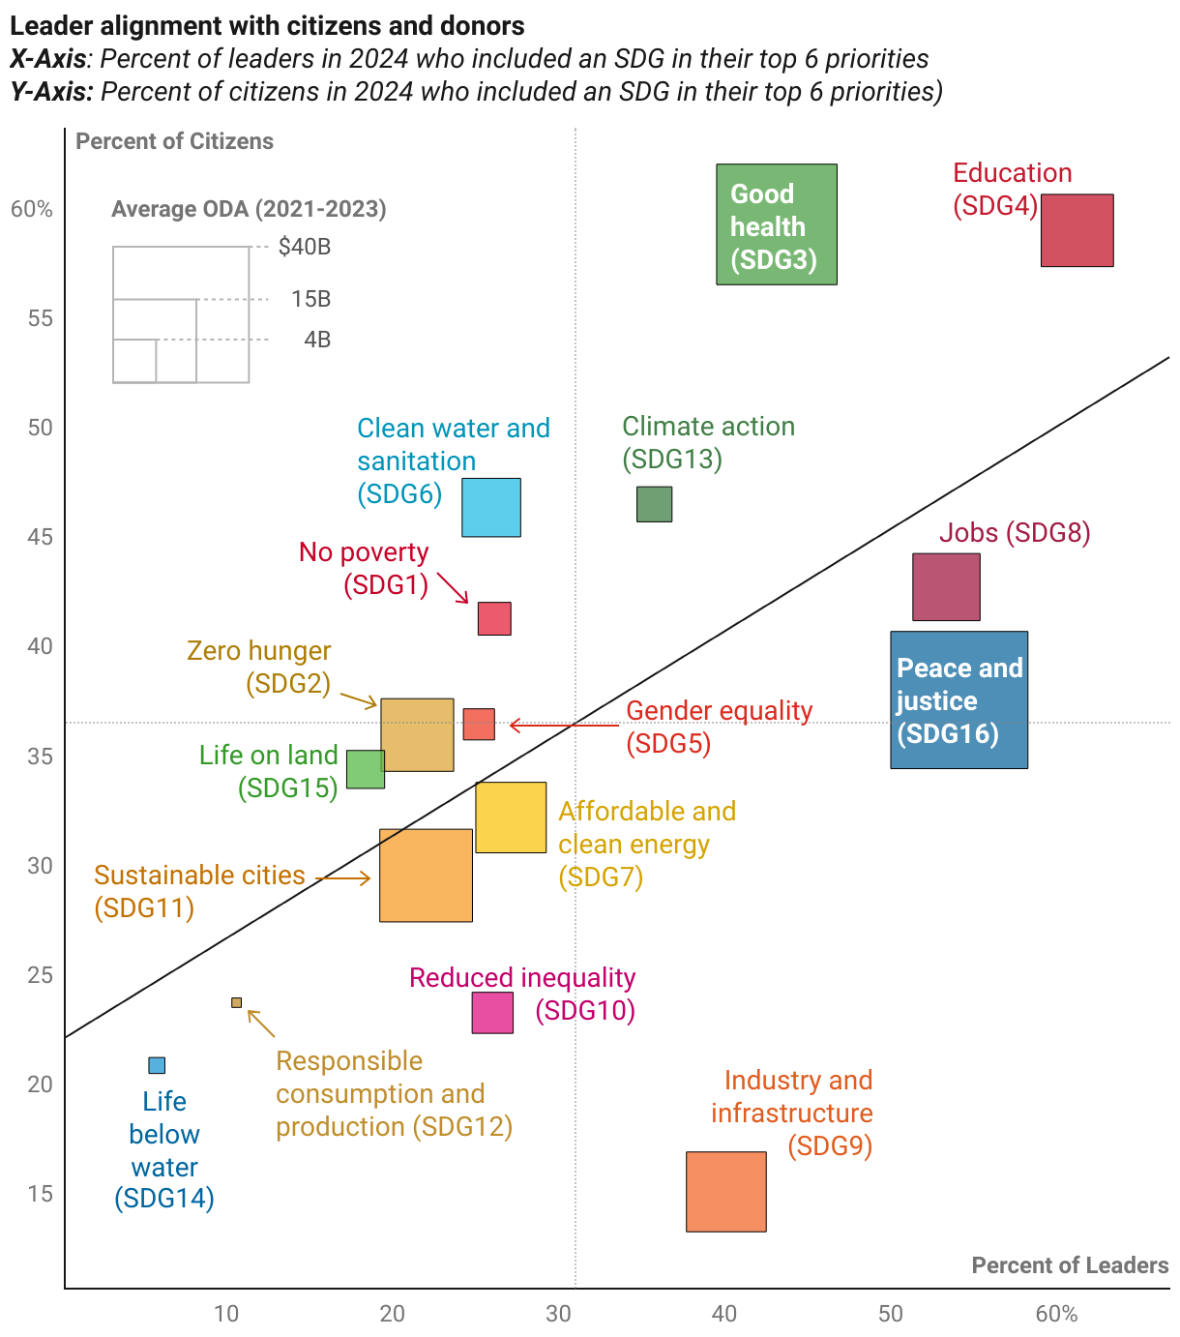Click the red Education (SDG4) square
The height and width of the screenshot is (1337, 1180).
tap(1077, 230)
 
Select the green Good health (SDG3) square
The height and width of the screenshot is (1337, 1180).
tap(776, 224)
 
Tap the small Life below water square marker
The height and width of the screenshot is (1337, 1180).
tap(157, 1065)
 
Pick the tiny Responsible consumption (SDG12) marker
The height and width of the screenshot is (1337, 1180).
tap(236, 1002)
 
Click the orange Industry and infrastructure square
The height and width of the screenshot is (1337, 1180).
tap(725, 1191)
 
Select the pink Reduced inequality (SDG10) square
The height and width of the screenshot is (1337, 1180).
tap(492, 1013)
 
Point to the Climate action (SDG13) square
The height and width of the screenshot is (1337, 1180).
tap(654, 504)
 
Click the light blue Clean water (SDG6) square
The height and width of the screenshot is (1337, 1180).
tap(491, 507)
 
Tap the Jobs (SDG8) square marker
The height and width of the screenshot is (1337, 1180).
tap(946, 587)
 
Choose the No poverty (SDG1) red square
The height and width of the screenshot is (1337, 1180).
tap(494, 618)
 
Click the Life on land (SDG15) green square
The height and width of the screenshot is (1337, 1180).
tap(366, 769)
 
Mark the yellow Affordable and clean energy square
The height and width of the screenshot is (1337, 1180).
tap(511, 817)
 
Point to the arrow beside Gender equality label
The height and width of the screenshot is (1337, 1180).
tap(563, 725)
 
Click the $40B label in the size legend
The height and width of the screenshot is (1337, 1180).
tap(305, 247)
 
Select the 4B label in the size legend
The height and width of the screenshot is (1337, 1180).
tap(317, 340)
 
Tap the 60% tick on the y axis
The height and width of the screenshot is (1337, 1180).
tap(32, 210)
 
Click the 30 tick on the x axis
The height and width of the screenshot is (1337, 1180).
tap(558, 1313)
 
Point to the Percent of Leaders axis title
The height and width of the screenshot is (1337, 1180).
tap(1070, 1265)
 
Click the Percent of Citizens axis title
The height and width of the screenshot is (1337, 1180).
tap(174, 141)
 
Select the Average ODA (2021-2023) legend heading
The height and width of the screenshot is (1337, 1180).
tap(249, 209)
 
